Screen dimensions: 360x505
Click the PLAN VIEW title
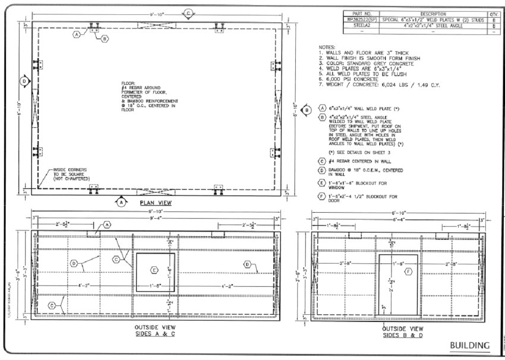[x=156, y=203]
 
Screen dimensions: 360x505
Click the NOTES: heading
[x=327, y=47]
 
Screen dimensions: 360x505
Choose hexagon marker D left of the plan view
[x=24, y=81]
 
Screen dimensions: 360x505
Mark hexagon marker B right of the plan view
[x=306, y=110]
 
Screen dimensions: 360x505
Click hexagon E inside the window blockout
[x=154, y=270]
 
